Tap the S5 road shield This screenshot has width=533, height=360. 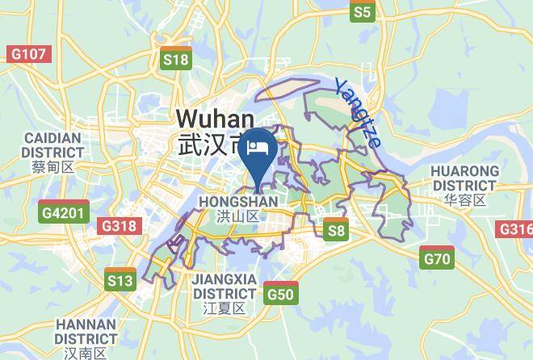pyautogui.click(x=363, y=11)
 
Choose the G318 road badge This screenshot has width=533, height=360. pyautogui.click(x=118, y=226)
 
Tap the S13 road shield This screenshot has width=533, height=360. pyautogui.click(x=120, y=279)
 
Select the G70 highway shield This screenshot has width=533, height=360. pyautogui.click(x=437, y=258)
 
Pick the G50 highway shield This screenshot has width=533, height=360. pyautogui.click(x=280, y=293)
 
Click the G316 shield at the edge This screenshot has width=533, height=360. pyautogui.click(x=517, y=229)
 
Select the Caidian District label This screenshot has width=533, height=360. pyautogui.click(x=53, y=144)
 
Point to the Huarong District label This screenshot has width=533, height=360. pyautogui.click(x=464, y=178)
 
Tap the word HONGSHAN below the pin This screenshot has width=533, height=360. pyautogui.click(x=237, y=201)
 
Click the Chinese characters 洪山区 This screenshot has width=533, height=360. pyautogui.click(x=237, y=216)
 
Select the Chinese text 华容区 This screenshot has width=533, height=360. pyautogui.click(x=464, y=200)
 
